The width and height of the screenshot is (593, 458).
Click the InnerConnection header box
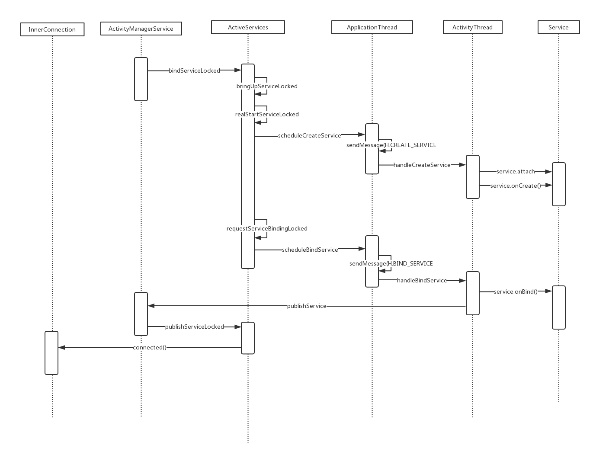point(52,29)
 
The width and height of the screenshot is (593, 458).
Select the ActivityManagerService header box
point(141,29)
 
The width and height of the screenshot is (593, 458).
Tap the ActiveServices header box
point(248,27)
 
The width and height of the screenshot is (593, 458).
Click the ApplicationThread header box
point(372,27)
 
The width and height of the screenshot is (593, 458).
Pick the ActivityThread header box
point(472,27)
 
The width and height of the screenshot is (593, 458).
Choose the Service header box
point(558,27)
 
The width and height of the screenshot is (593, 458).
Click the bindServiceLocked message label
point(194,70)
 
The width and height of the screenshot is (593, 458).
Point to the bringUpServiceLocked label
point(267,86)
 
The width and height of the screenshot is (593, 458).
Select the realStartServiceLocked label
point(267,114)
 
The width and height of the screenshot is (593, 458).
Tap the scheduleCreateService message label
point(310,135)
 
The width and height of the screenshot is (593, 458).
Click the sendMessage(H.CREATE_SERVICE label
point(391,145)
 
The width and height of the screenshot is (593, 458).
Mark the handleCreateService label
point(422,165)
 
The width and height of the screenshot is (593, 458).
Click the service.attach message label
point(516,171)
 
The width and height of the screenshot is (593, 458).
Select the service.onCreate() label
point(516,186)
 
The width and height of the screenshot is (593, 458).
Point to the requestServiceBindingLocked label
point(267,228)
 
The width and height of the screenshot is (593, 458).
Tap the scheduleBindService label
point(310,250)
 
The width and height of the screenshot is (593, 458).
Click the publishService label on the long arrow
point(307,306)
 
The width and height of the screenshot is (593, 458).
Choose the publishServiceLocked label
point(194,327)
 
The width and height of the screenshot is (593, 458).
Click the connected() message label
point(150,347)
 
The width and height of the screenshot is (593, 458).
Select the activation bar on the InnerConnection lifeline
point(51,353)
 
